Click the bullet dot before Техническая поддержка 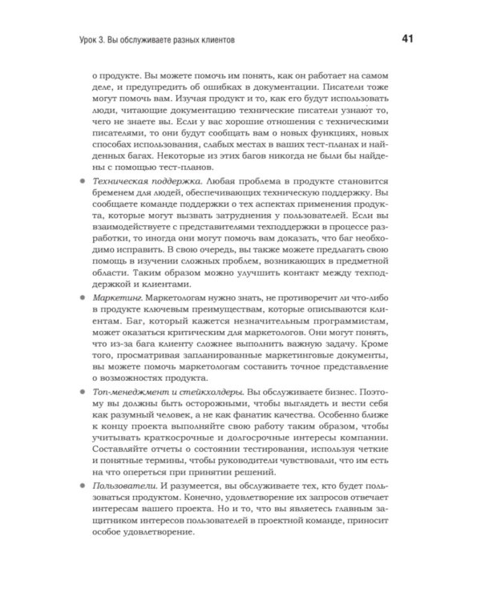coord(84,185)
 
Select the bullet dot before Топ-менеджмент coord(84,393)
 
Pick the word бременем coord(118,200)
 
